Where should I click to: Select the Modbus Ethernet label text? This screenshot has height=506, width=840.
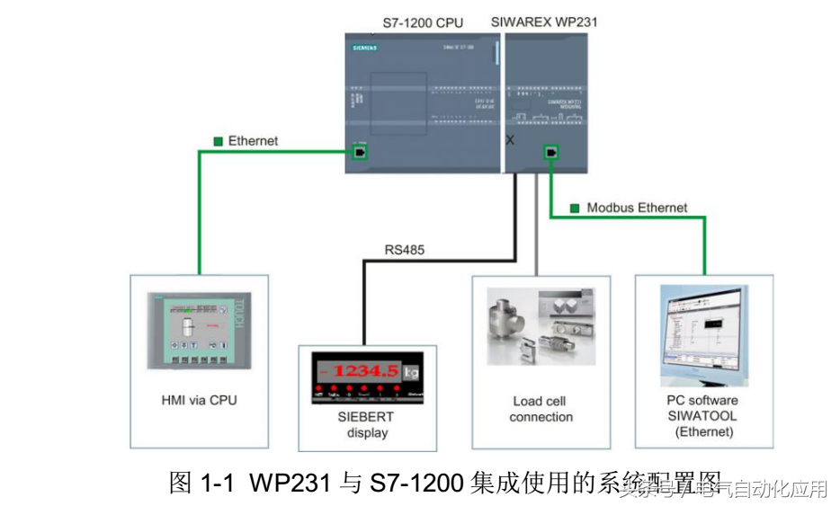click(637, 208)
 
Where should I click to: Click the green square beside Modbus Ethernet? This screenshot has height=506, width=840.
click(574, 209)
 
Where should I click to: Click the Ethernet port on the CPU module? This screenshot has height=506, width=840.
click(360, 153)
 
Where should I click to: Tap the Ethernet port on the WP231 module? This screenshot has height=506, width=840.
click(549, 153)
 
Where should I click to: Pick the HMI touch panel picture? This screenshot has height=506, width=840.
click(200, 330)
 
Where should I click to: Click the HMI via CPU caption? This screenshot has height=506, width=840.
click(199, 400)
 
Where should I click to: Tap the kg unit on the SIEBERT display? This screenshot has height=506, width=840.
click(411, 371)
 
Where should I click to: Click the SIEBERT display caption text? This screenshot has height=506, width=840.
click(367, 425)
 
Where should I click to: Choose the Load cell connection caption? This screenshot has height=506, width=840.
click(541, 409)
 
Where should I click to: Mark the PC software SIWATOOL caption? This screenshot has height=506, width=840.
click(702, 415)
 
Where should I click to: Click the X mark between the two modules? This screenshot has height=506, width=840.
click(510, 140)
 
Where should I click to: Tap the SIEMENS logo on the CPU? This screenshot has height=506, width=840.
click(362, 46)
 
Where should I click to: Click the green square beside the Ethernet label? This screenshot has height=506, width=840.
click(218, 141)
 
